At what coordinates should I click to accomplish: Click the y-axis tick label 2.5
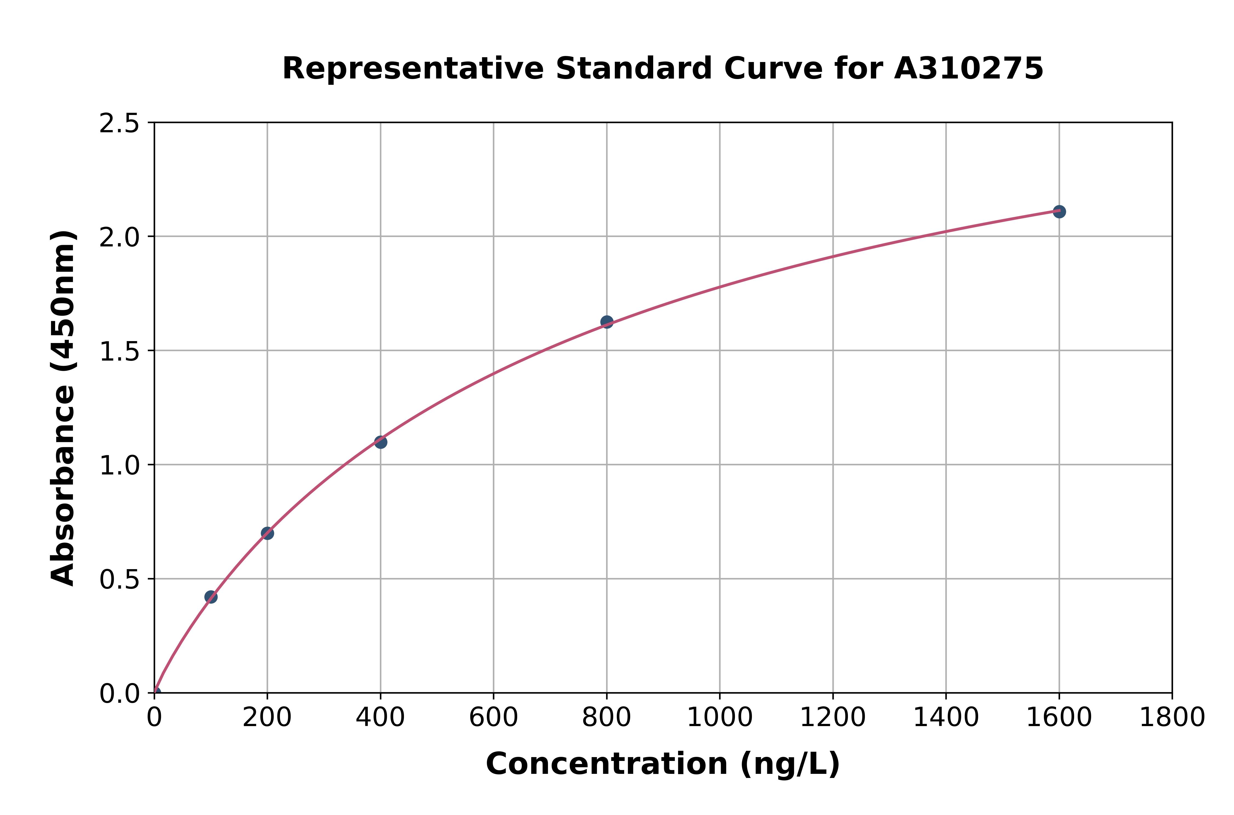click(120, 124)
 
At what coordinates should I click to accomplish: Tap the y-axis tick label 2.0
click(120, 238)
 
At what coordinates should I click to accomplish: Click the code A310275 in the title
click(969, 69)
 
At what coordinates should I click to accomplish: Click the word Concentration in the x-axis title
click(607, 764)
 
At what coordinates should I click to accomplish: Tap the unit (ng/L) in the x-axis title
click(789, 764)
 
